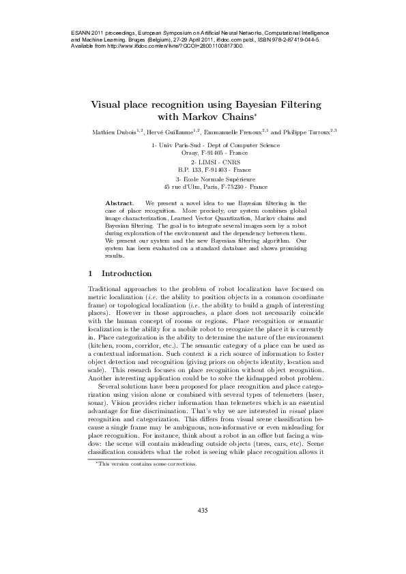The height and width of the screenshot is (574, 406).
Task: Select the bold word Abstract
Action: pos(119,203)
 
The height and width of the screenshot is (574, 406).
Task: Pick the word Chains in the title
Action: pos(228,117)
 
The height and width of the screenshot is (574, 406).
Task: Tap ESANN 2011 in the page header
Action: pos(87,33)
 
